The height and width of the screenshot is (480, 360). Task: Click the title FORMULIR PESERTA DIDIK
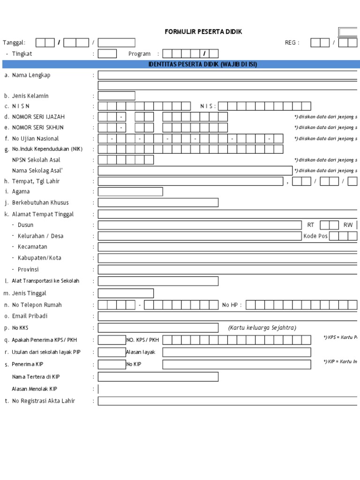tap(203, 31)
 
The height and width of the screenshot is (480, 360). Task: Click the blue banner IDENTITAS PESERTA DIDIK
tap(203, 64)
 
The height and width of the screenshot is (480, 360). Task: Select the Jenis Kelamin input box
tap(116, 96)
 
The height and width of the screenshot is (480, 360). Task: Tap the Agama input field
tap(130, 191)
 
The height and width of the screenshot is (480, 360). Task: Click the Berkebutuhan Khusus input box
tap(158, 202)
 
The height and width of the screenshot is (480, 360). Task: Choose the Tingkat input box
tap(107, 53)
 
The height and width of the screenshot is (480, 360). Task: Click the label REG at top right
tap(292, 43)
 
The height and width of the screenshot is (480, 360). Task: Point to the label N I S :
tap(208, 106)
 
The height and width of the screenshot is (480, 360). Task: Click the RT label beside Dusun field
tap(311, 225)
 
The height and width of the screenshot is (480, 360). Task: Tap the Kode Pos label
tap(315, 236)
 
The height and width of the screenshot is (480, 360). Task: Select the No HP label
tap(232, 305)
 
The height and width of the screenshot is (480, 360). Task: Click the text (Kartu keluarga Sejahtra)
tap(262, 328)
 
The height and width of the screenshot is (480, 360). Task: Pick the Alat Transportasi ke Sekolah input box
tap(158, 281)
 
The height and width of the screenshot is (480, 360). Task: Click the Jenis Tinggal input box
tap(126, 293)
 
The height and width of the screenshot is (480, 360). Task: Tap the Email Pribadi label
tap(30, 316)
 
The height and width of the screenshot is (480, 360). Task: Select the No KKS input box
tap(158, 328)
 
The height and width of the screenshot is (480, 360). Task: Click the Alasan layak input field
tap(236, 352)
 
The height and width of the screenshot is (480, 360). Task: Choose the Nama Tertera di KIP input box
tap(158, 376)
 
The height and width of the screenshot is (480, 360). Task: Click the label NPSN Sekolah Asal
tap(36, 160)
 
